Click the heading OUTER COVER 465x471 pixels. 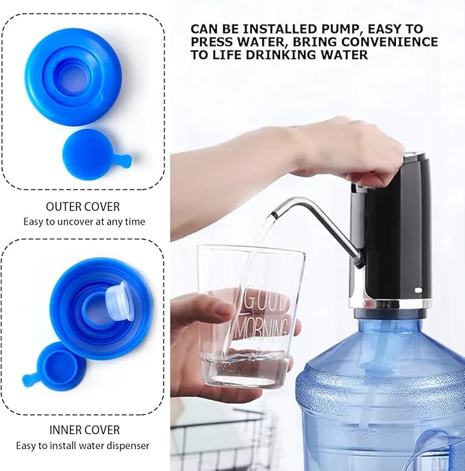click(x=83, y=206)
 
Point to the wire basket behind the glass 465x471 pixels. click(x=212, y=438)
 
